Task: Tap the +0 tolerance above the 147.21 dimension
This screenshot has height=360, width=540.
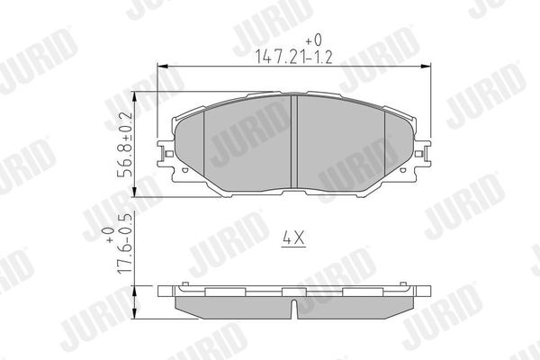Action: tap(313, 40)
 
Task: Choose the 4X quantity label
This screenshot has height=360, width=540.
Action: tap(294, 238)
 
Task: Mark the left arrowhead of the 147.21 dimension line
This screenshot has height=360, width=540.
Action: tap(162, 66)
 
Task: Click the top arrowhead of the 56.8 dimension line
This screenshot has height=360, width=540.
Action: tap(134, 94)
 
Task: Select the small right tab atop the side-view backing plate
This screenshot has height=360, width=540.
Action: tap(405, 285)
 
